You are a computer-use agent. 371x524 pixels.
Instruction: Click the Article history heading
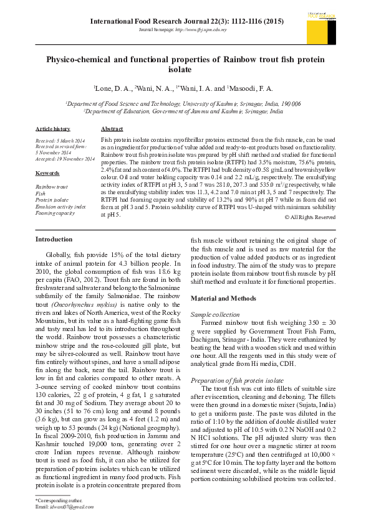coord(53,128)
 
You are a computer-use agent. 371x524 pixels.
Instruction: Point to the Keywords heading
coord(47,172)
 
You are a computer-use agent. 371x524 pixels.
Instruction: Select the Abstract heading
coord(112,128)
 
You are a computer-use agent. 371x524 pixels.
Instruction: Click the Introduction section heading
coord(54,239)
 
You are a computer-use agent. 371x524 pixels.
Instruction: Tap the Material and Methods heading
coord(223,298)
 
